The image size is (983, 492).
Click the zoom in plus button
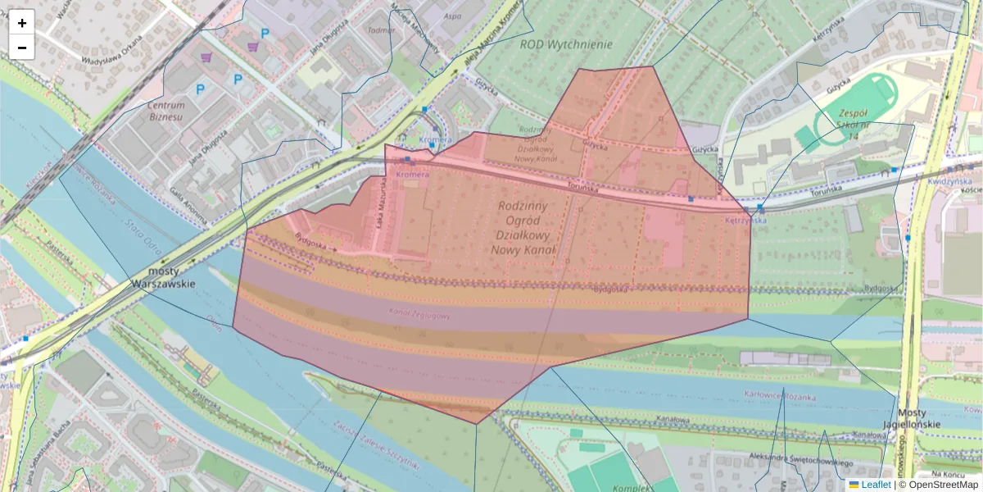[x=22, y=23]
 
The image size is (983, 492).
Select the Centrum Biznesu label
[x=165, y=111]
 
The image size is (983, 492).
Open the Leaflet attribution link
[x=876, y=485]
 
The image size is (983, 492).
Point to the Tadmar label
[x=382, y=30]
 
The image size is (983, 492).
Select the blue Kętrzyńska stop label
[x=745, y=220]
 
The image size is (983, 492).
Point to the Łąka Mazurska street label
[x=380, y=215]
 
